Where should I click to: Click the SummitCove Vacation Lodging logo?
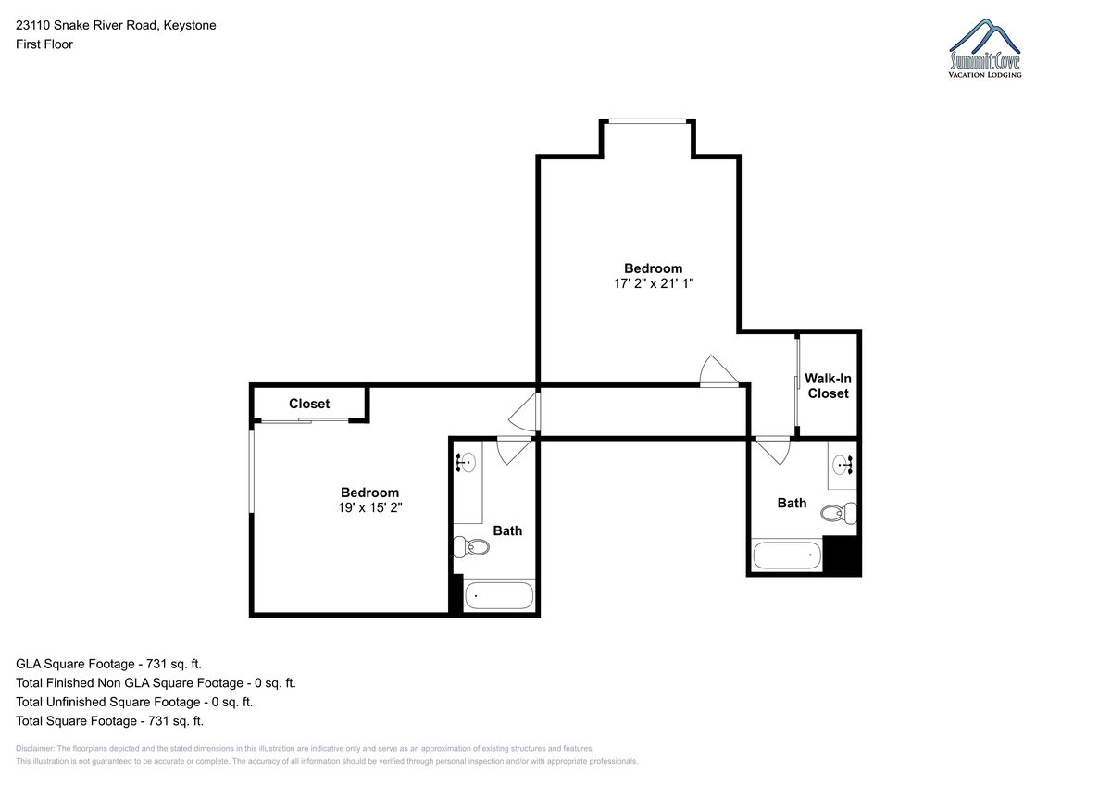[984, 48]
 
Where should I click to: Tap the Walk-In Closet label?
[828, 386]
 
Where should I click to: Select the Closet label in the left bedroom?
[309, 404]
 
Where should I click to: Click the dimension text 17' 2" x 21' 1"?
[654, 283]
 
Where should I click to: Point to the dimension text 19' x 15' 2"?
[370, 508]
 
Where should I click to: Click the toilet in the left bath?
[471, 547]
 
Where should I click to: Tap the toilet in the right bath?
[839, 513]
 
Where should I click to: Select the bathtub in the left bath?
[499, 595]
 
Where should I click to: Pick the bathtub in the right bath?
[787, 555]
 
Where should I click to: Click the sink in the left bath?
[466, 463]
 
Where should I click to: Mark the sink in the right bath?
[843, 465]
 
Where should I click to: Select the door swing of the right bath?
[773, 451]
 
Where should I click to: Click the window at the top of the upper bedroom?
[647, 121]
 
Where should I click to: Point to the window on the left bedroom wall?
[252, 471]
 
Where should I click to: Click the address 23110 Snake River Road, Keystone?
[116, 25]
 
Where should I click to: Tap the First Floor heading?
[44, 44]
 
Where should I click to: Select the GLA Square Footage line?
[108, 664]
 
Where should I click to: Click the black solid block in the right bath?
[842, 555]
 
